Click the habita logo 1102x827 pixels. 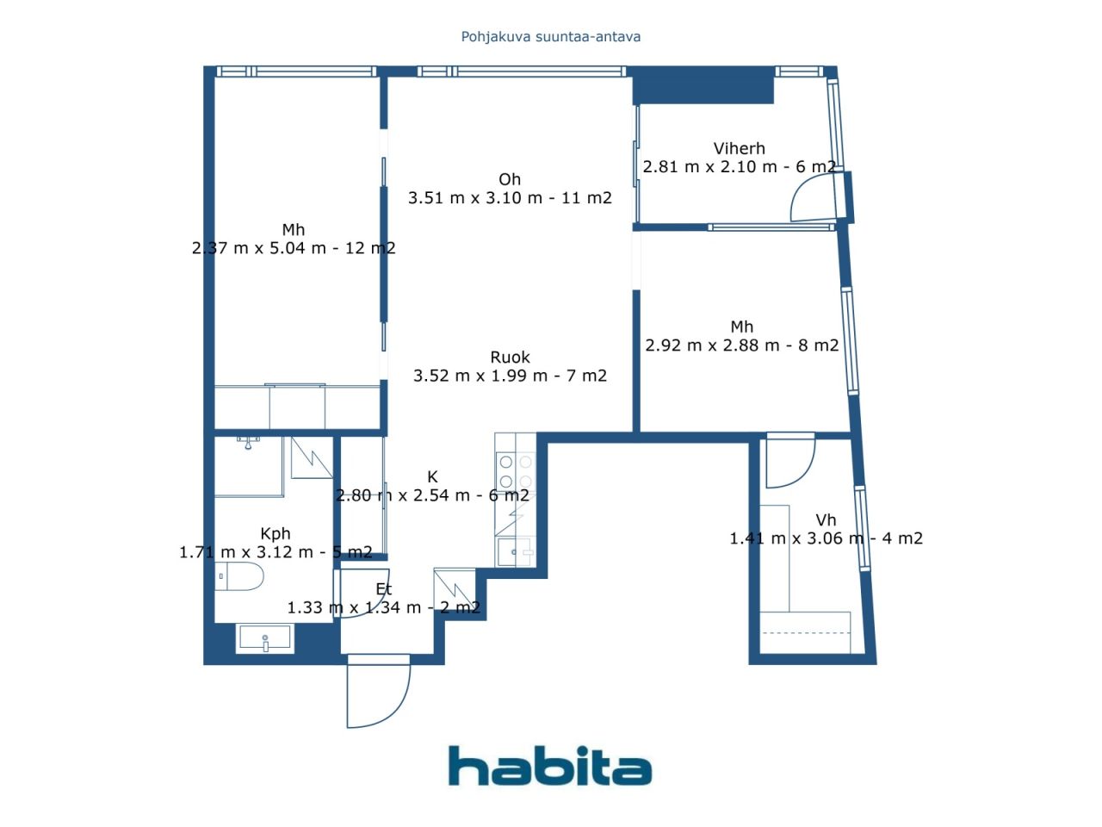point(549,766)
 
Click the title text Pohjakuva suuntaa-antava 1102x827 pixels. point(551,37)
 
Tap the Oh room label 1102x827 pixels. point(510,179)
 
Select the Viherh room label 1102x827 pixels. point(739,148)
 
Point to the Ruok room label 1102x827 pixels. point(510,357)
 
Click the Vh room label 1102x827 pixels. point(826,519)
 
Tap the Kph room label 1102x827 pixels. point(275,533)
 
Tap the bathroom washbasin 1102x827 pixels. point(265,639)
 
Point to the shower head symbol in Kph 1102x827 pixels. point(249,443)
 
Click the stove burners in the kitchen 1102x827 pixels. point(515,472)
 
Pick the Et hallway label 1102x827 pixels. point(384,589)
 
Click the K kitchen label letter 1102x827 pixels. point(432,476)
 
